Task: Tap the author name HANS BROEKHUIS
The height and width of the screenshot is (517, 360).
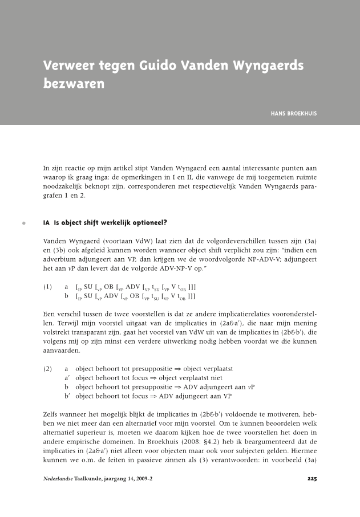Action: [x=294, y=113]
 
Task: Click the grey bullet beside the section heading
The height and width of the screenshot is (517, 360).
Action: [x=23, y=223]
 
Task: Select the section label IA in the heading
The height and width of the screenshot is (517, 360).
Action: [x=47, y=223]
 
